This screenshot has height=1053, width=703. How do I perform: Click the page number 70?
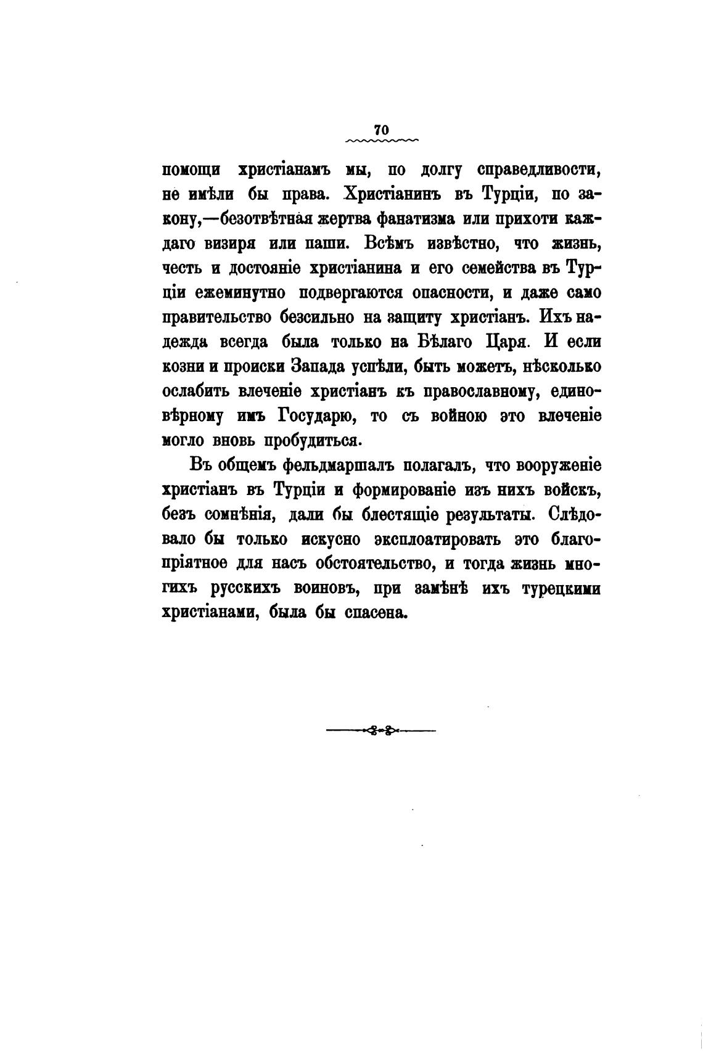click(380, 129)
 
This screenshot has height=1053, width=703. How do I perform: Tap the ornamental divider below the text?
click(380, 731)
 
